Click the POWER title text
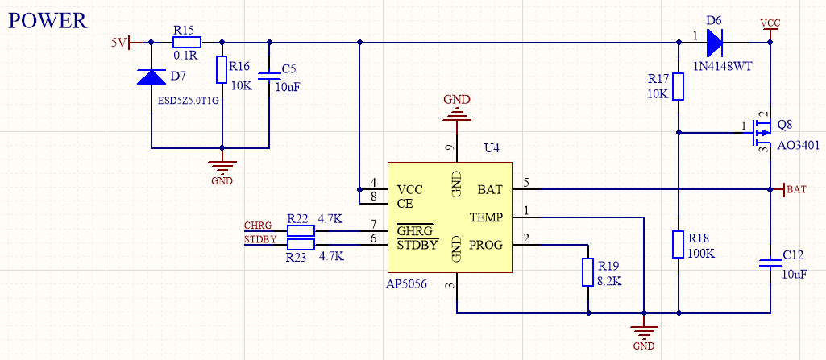tap(47, 20)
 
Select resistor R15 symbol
tap(187, 42)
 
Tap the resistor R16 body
tap(222, 70)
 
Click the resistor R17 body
tap(679, 86)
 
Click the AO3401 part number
tap(798, 146)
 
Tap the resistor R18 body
tap(679, 244)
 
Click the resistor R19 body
tap(588, 272)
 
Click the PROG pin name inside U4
tap(486, 244)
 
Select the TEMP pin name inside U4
tap(486, 217)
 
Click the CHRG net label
tap(258, 224)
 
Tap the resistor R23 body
tap(301, 244)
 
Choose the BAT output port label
tap(796, 189)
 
